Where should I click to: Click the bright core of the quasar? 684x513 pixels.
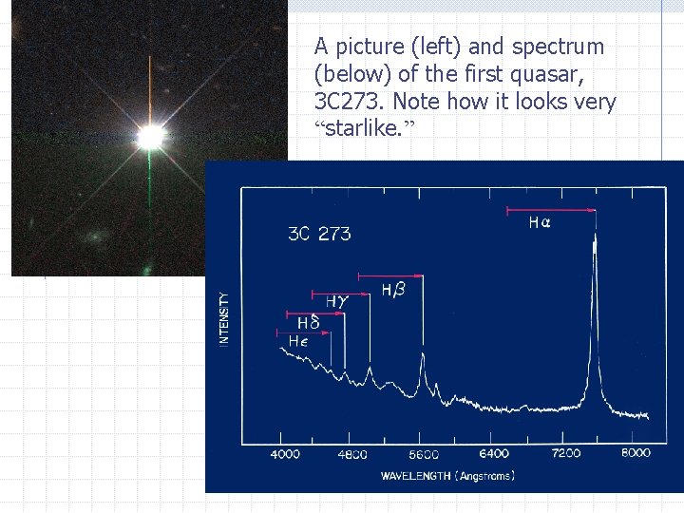[x=149, y=138]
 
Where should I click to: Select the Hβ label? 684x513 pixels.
[x=392, y=289]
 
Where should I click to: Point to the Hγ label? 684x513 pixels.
[x=337, y=302]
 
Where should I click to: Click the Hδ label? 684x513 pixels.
[x=307, y=324]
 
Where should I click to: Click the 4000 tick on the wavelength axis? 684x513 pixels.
[x=285, y=454]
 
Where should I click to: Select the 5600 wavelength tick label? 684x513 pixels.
[x=423, y=454]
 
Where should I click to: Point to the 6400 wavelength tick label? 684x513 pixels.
[x=494, y=454]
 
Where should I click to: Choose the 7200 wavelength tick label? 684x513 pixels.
[x=565, y=454]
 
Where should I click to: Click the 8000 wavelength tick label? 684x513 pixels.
[x=636, y=453]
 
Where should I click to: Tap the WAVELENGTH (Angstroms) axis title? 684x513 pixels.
[x=447, y=475]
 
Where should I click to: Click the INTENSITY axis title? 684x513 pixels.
[x=224, y=318]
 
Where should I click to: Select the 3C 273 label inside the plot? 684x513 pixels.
[x=319, y=234]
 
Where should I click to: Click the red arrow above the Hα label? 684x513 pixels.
[x=551, y=209]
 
